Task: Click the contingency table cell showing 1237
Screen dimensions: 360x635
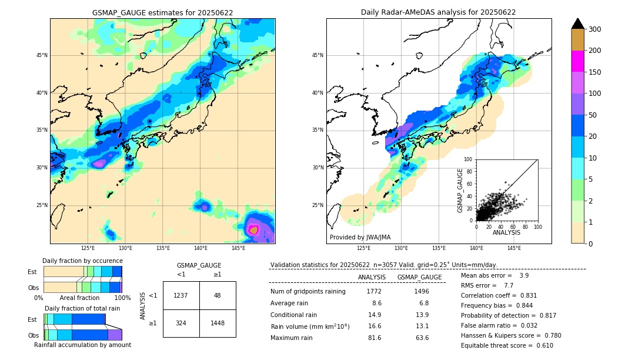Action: tap(181, 295)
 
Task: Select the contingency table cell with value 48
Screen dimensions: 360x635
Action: tap(218, 295)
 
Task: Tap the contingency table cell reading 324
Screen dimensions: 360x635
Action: tap(181, 324)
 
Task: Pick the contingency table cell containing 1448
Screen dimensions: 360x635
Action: tap(218, 324)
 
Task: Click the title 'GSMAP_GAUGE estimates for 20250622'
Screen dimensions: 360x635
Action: tap(162, 12)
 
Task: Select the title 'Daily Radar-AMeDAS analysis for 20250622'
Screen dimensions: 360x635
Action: tap(439, 12)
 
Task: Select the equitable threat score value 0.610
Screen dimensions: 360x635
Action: tap(543, 345)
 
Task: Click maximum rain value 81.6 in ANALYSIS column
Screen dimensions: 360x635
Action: tap(373, 338)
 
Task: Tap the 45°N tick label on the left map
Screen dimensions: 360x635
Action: tap(42, 55)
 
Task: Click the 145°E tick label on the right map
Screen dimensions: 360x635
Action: tap(514, 248)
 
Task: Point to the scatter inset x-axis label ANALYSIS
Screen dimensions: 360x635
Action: tap(506, 233)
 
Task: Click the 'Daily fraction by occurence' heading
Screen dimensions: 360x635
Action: tap(82, 261)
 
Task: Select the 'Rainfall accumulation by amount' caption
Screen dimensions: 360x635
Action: tap(82, 345)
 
